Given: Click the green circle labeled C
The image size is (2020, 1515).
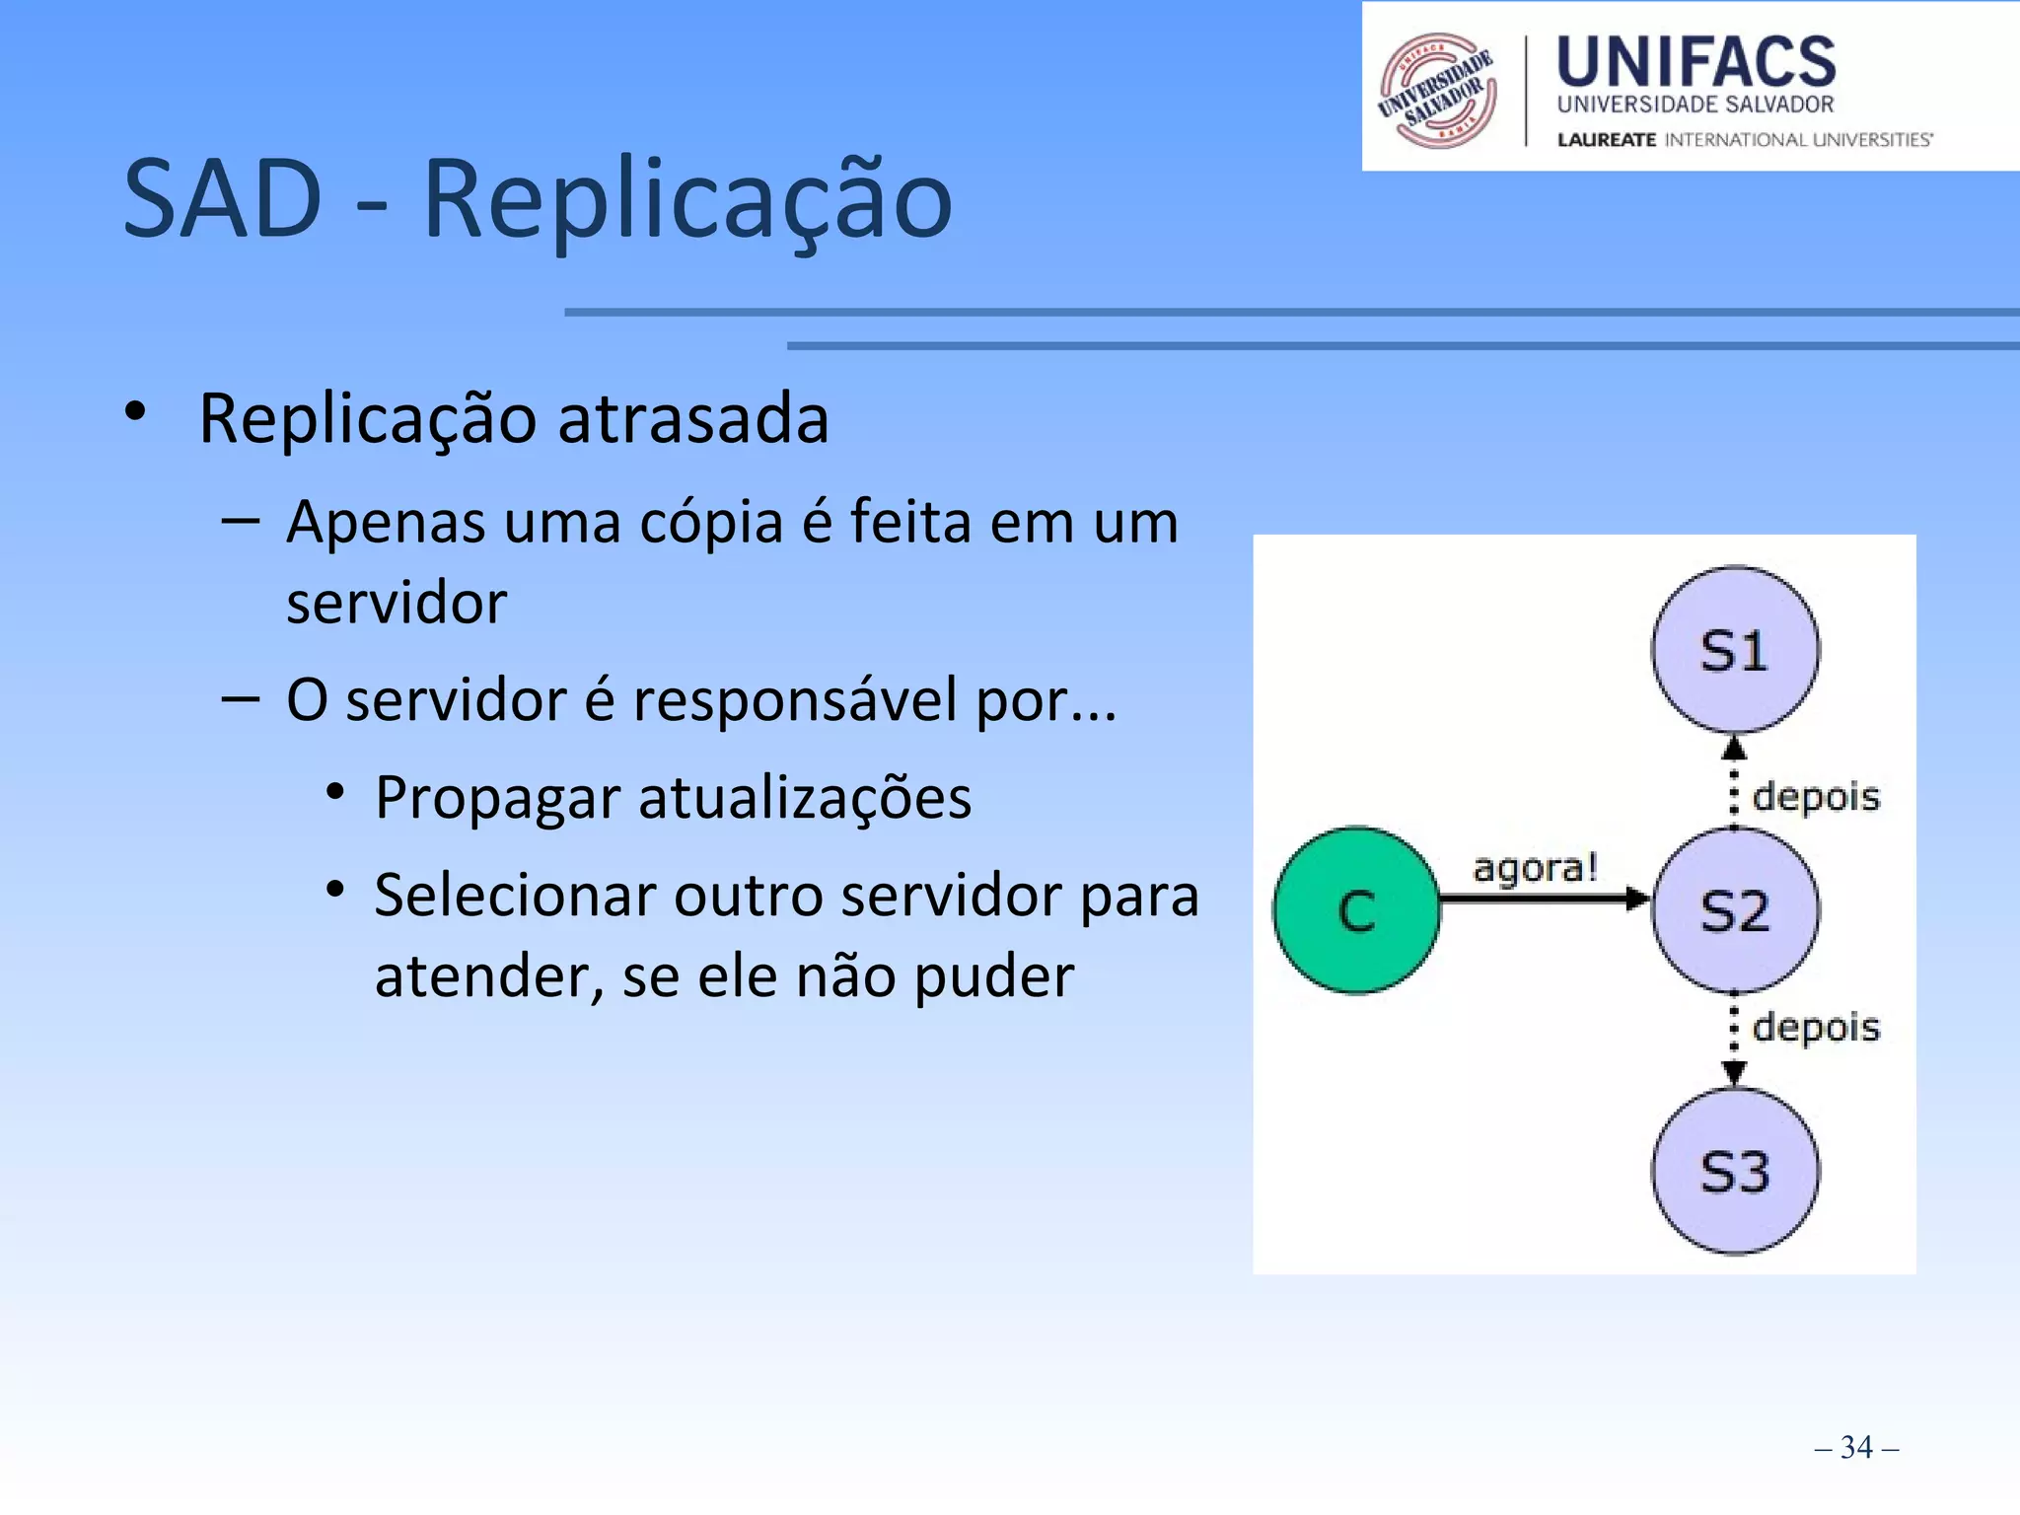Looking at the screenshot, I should click(x=1356, y=909).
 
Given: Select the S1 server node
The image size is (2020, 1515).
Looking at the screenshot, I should click(x=1735, y=650).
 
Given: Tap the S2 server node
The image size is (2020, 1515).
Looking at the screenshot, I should click(x=1735, y=909).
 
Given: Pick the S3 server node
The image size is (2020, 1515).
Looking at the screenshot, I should click(x=1735, y=1172).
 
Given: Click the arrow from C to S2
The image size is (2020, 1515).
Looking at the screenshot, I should click(x=1544, y=899).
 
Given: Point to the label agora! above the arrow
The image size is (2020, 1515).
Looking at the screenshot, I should click(x=1534, y=867).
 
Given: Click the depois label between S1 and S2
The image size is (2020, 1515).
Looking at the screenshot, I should click(x=1816, y=796).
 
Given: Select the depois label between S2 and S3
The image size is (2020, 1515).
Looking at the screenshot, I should click(x=1816, y=1027).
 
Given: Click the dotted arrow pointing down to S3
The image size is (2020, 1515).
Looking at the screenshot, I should click(x=1734, y=1041).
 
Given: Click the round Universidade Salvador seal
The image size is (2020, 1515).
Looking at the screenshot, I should click(x=1437, y=91).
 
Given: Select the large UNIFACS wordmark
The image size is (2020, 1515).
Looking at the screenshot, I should click(x=1695, y=61).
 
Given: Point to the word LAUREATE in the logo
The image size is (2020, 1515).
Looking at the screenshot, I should click(x=1606, y=140).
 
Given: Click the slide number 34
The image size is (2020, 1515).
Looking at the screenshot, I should click(x=1856, y=1447).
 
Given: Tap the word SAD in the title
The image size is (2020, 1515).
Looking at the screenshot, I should click(x=223, y=199).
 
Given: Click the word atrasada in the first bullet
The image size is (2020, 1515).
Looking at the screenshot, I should click(x=693, y=418).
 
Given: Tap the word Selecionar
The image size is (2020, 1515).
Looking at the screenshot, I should click(x=515, y=896).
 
